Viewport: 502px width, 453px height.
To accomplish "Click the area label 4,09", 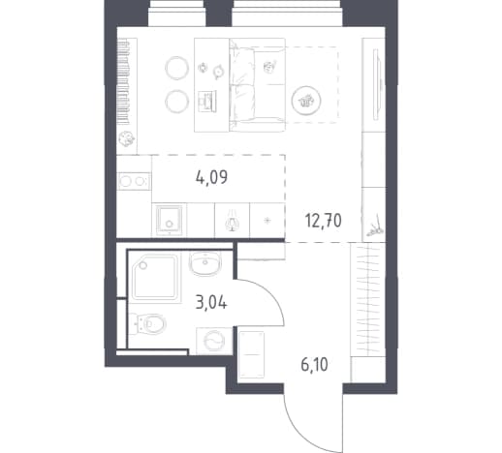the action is tap(211, 177).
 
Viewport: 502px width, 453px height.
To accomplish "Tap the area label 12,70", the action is tap(324, 222).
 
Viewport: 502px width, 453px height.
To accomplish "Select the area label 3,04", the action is tap(211, 303).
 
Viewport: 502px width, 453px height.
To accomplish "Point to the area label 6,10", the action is tap(314, 365).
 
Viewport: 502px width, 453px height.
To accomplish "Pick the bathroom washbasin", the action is tap(205, 263).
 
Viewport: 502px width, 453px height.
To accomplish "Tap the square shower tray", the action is tap(155, 278).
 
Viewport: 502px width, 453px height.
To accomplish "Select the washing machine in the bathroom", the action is tap(214, 341).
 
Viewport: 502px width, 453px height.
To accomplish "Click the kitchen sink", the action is tap(169, 220).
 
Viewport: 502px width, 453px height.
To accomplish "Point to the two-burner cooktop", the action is tap(134, 181).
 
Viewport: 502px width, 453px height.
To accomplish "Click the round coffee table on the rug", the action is tap(306, 101).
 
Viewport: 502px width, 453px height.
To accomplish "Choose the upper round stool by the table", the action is tap(176, 68).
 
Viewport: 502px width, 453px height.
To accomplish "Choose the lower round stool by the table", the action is tap(176, 102).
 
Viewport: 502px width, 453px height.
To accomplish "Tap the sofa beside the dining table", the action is tap(258, 85).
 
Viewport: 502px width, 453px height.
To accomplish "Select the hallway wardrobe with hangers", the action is tap(368, 299).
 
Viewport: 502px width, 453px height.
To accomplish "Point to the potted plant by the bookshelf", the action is tap(126, 138).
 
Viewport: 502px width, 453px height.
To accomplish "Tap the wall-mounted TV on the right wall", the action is tap(377, 84).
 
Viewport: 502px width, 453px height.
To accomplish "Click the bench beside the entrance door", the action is tap(251, 354).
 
